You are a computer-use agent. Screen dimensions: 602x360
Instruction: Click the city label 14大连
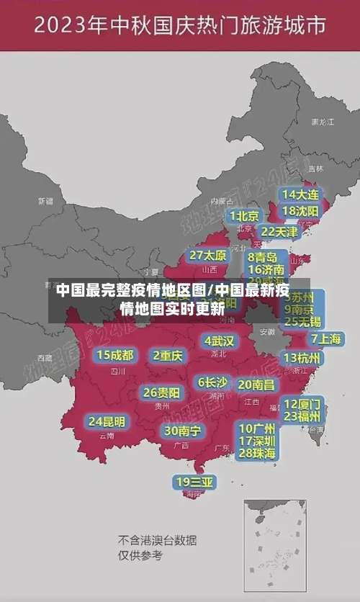point(300,194)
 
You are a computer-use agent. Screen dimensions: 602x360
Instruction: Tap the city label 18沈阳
point(300,211)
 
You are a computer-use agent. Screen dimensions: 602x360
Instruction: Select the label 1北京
point(245,216)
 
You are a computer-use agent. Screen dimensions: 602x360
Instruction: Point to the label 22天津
point(279,232)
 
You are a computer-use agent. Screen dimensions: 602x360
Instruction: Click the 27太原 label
point(208,255)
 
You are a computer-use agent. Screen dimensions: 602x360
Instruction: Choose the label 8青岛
point(263,257)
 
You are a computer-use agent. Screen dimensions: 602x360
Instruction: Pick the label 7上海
point(326,338)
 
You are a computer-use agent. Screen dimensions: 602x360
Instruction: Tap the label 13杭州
point(303,358)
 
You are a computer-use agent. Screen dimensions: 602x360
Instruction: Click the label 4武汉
point(220,341)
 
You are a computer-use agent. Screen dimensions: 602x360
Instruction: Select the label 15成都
point(115,355)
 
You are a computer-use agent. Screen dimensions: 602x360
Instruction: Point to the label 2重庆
point(168,355)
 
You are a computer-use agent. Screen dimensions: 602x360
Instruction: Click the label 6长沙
point(212,382)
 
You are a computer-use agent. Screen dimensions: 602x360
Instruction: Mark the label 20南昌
point(256,385)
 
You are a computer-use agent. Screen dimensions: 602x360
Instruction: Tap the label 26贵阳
point(161,392)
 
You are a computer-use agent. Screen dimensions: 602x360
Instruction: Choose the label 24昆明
point(107,421)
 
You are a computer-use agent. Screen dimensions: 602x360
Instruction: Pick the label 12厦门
point(302,403)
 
